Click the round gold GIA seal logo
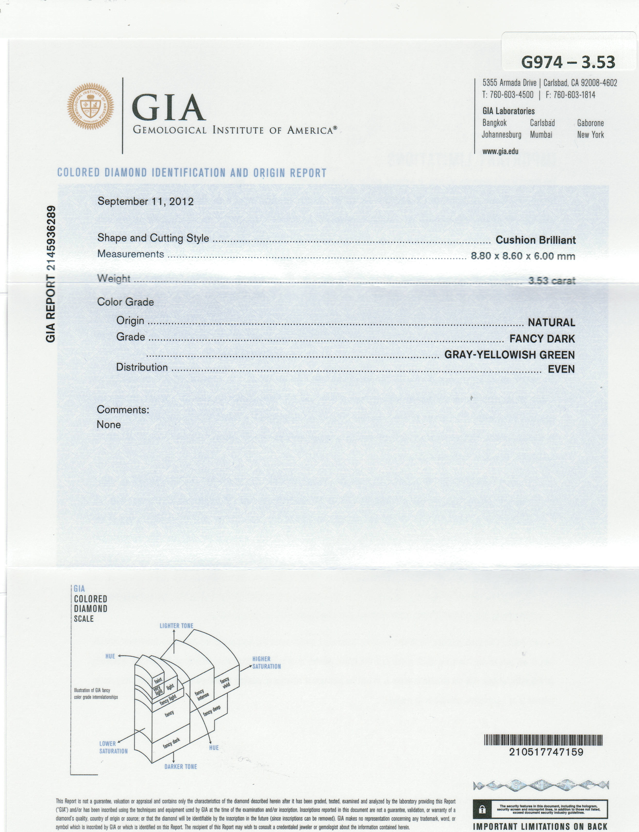click(90, 106)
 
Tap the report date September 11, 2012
click(145, 201)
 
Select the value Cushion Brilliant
click(535, 240)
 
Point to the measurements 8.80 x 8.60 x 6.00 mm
click(523, 256)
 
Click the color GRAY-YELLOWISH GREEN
click(509, 355)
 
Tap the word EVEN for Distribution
click(561, 369)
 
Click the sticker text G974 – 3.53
click(568, 62)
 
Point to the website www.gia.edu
click(500, 151)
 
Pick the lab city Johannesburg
click(501, 135)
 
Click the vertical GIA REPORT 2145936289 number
click(51, 274)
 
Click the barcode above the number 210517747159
click(543, 740)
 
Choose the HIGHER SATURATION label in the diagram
click(266, 662)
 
